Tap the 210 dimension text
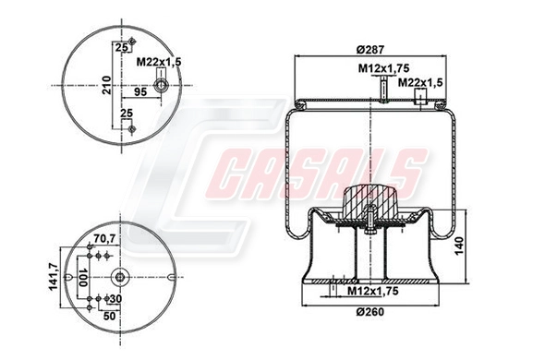coord(106,87)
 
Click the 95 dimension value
coord(142,92)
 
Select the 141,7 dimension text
coord(54,277)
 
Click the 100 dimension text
coord(82,278)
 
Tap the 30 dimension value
coord(116,299)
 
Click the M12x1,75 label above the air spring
coord(384,68)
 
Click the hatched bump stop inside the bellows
coord(369,199)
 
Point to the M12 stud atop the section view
coord(380,90)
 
